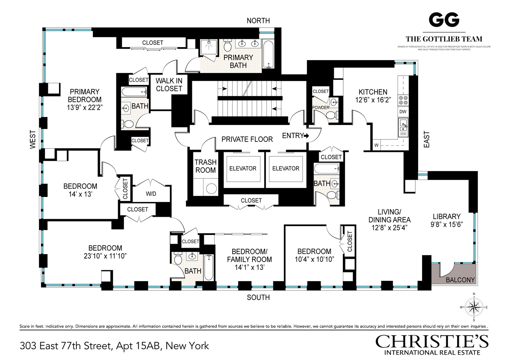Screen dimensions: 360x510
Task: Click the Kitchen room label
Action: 373,92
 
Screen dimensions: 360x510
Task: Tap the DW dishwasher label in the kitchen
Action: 403,112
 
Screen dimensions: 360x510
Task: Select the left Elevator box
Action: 243,168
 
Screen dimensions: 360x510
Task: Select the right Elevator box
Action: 286,168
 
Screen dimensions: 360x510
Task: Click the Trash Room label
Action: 205,166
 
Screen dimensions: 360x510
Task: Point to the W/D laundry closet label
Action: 151,194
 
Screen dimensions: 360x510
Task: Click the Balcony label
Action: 460,280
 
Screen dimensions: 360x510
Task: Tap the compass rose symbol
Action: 474,307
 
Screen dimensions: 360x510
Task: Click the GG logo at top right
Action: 444,20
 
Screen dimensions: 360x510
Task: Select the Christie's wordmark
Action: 432,341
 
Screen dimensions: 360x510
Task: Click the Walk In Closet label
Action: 169,85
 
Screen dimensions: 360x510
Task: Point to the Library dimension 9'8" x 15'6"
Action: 447,224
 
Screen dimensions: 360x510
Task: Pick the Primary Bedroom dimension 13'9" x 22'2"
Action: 85,107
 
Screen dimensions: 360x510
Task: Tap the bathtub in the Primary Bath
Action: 268,54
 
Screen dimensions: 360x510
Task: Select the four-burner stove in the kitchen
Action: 403,100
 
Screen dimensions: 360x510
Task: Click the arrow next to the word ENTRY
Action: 307,136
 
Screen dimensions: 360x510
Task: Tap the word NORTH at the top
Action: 258,21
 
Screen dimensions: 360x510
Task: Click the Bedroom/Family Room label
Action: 249,256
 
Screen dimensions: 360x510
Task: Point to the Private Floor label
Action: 247,139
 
